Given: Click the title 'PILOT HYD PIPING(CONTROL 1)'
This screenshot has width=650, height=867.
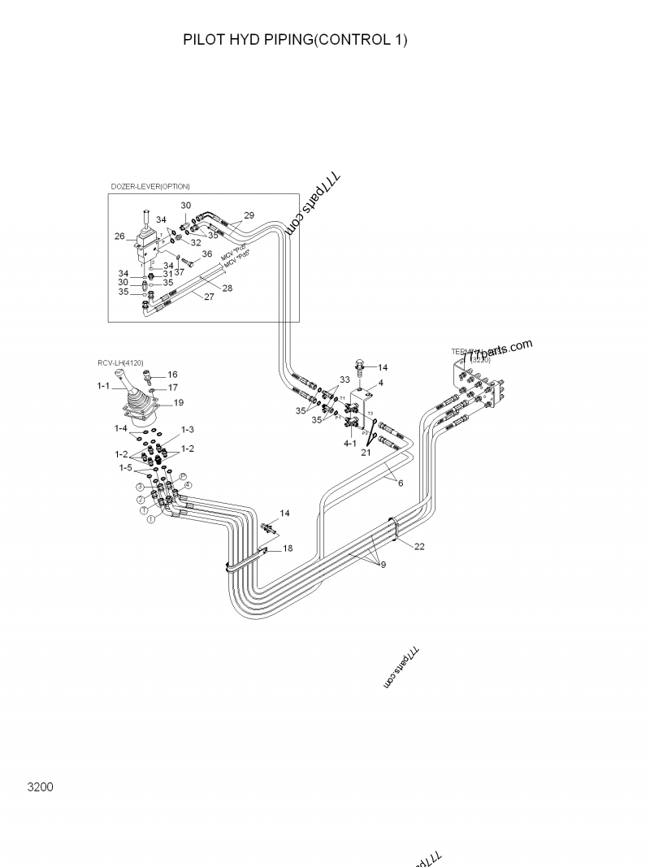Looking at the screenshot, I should point(295,39).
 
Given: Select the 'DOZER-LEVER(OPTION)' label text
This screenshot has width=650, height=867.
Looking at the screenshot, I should point(150,187).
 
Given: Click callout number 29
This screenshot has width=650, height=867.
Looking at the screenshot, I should point(249,215).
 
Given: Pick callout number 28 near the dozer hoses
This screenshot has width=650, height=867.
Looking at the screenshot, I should point(227,288).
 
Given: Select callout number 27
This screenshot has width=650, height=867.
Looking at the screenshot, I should point(209,297).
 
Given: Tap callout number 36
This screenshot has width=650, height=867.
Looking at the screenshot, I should point(207,254).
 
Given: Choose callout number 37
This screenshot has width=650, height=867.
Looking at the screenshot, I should point(179,271).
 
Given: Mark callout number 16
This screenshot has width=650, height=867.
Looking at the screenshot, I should point(172,375).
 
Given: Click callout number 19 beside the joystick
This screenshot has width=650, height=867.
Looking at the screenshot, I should point(179,402).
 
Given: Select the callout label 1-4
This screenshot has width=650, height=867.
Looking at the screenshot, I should point(121,428).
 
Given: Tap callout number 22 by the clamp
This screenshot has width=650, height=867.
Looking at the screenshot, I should point(419,547).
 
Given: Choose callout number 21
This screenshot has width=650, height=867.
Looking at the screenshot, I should point(366,453).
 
